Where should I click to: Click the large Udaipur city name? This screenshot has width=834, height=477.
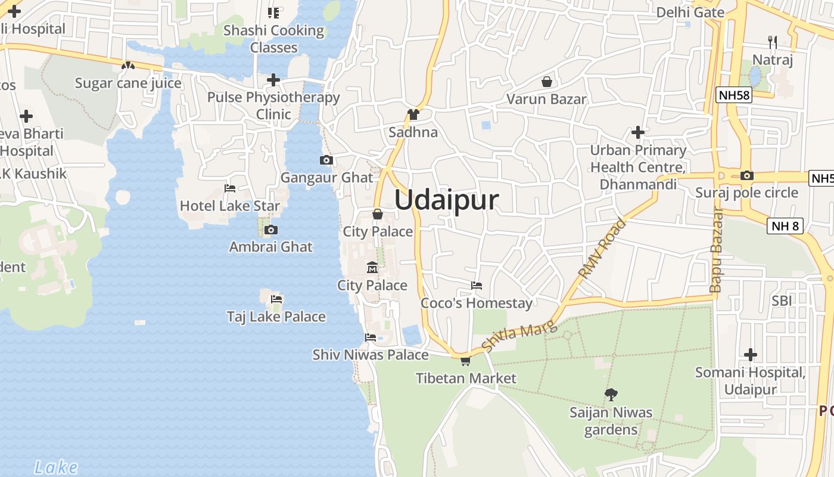tap(446, 200)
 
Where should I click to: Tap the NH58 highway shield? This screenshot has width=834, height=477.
tap(734, 95)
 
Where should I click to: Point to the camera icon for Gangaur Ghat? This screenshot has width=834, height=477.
tap(326, 160)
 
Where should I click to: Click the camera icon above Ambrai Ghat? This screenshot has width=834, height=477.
tap(271, 230)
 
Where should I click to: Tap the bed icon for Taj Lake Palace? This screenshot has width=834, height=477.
tap(276, 299)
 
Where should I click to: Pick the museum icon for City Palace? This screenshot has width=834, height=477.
tap(372, 267)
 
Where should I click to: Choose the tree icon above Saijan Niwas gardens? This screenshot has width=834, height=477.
tap(611, 394)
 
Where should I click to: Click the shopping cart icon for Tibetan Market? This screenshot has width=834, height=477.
tap(465, 361)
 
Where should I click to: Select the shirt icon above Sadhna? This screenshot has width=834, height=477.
tap(413, 114)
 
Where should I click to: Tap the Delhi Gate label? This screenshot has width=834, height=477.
tap(690, 13)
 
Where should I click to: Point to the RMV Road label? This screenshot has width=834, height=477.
tap(602, 249)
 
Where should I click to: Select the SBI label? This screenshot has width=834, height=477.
tap(782, 301)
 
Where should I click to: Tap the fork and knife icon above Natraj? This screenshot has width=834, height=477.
tap(773, 42)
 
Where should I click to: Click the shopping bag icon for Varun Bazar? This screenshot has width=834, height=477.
tap(546, 82)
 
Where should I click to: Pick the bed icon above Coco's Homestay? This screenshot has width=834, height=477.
tap(477, 285)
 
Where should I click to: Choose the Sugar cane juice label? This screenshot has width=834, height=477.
tap(128, 83)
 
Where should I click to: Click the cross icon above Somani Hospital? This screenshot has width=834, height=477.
tap(751, 355)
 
